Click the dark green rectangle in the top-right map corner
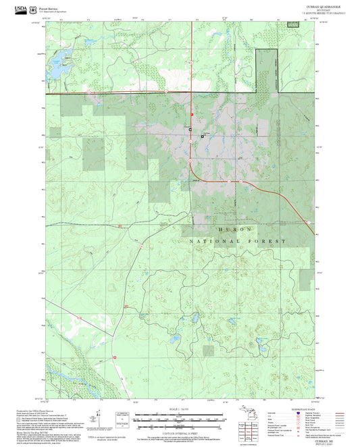(x=292, y=24)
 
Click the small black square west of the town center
(x=190, y=129)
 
